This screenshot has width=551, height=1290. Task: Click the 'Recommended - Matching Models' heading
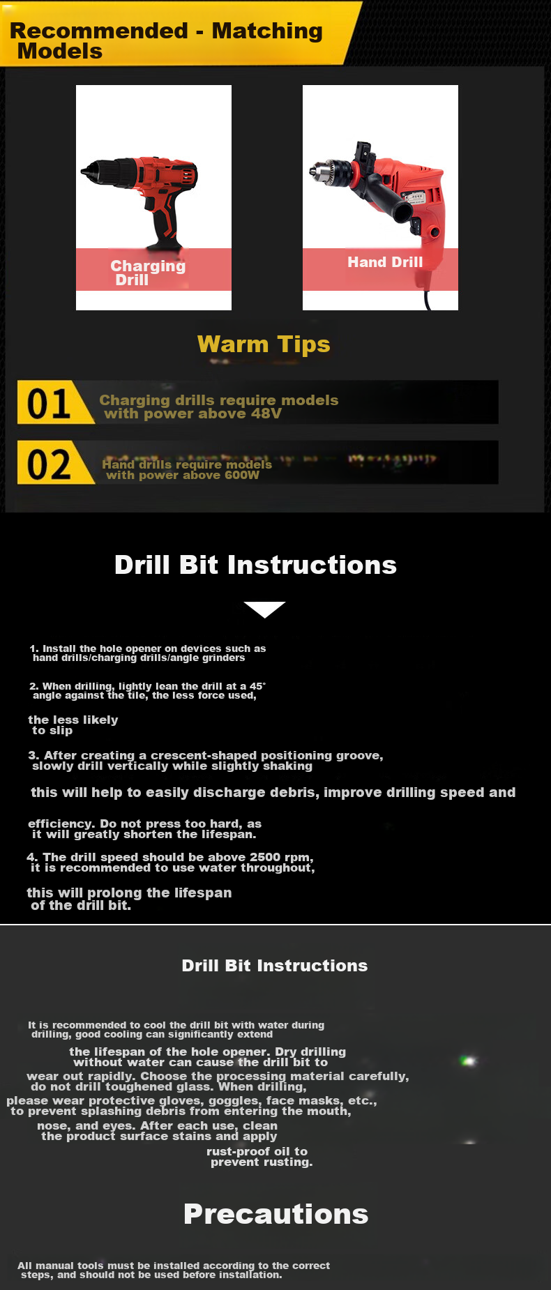pos(166,40)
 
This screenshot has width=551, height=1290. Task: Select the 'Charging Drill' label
pos(148,273)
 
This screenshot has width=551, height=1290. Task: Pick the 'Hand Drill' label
pos(385,262)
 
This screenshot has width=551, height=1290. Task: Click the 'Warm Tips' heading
pos(264,344)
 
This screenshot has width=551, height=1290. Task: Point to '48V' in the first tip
pos(266,413)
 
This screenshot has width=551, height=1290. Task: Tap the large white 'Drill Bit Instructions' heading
pos(255,565)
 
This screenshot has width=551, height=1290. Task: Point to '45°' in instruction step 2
pos(257,686)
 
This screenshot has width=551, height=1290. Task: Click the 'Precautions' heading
pos(276,1214)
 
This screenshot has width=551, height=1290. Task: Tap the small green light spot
pos(469,1061)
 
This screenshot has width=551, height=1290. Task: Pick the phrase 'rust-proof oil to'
pos(257,1152)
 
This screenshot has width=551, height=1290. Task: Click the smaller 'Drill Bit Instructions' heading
pos(275,966)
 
